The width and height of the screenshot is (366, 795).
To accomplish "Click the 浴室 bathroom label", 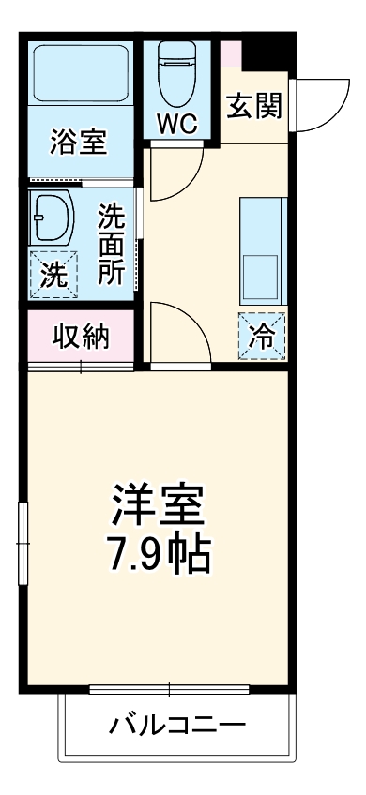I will point(79,143).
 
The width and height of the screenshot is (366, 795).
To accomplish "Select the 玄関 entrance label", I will point(253,107).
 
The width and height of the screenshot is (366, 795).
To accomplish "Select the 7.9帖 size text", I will point(159,556).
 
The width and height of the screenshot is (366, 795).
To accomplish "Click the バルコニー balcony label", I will point(177,725).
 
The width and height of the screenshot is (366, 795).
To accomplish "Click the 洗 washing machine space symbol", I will point(53,275).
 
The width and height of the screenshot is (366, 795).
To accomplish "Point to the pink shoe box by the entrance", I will point(231,52).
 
